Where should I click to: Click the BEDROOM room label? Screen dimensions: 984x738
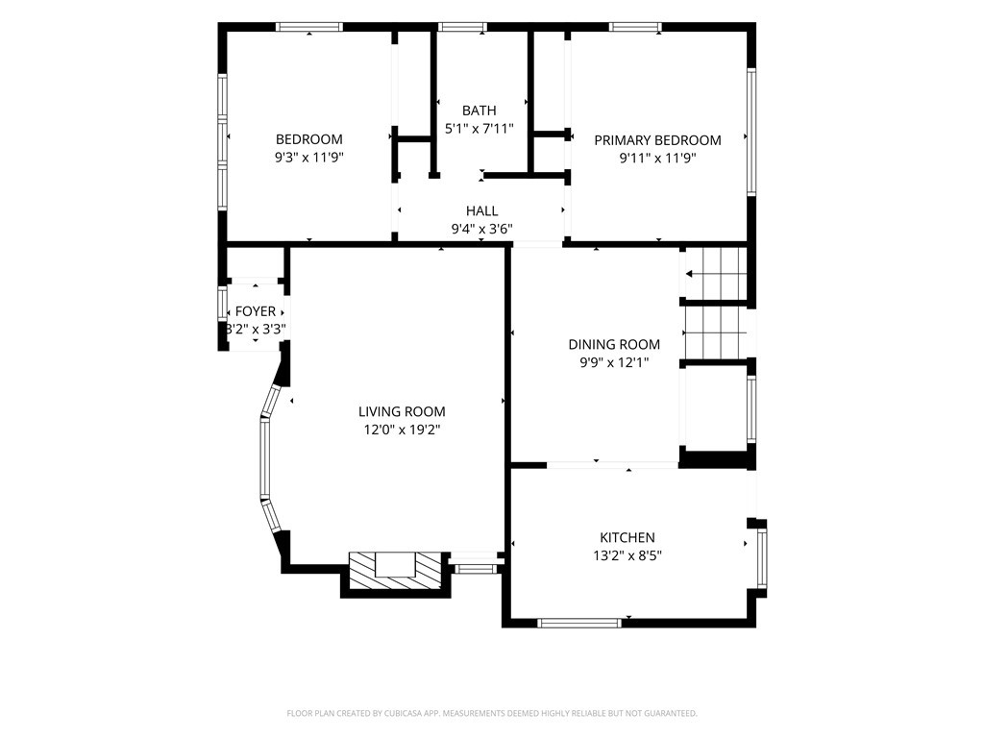309,139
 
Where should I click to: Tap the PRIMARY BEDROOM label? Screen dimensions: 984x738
657,140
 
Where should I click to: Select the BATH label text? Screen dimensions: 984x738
480,111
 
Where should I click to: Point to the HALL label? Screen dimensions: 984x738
482,210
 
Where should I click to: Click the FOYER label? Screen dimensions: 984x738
256,311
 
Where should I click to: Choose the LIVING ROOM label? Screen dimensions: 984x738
402,411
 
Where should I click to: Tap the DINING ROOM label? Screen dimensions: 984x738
614,345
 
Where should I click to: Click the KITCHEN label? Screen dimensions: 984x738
627,538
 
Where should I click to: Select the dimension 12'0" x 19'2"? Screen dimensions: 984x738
403,430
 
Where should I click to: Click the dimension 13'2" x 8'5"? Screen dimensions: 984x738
627,556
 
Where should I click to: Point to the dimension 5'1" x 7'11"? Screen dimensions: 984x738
480,130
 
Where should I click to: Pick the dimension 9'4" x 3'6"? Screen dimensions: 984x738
482,229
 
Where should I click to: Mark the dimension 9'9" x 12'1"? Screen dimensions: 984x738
614,362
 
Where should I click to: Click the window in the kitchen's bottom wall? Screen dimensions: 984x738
579,623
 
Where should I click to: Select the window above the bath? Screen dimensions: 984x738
462,27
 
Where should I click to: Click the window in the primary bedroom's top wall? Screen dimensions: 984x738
635,27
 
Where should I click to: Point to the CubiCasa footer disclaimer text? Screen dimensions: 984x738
492,714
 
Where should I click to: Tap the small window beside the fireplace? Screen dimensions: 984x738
475,569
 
